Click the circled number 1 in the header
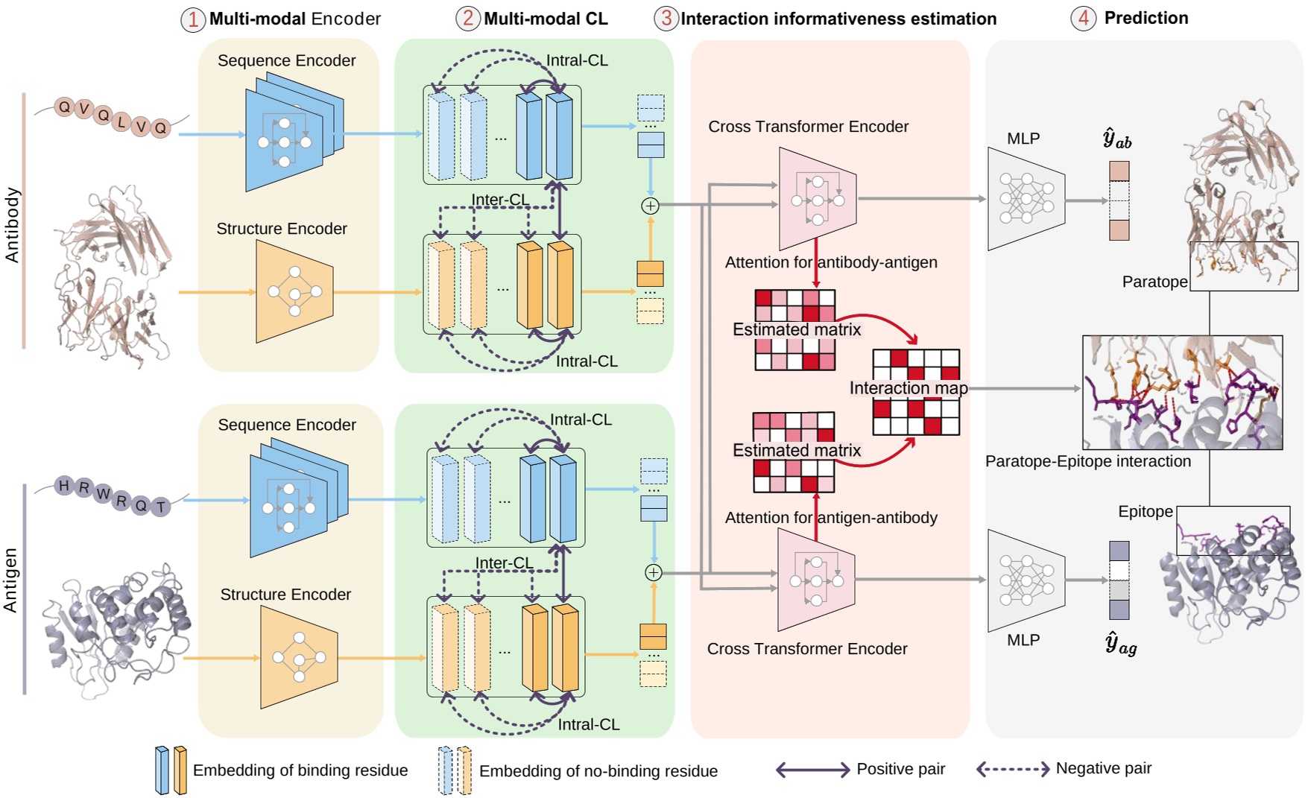pos(192,19)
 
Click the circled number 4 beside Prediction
pos(1083,18)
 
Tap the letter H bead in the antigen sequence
pos(64,486)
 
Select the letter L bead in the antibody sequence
pos(122,121)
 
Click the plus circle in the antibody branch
pos(650,206)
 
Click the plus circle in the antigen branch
pos(653,572)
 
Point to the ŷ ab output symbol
pos(1116,139)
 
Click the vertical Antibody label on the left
pos(13,224)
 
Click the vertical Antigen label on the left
pos(10,580)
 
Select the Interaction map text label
pos(908,388)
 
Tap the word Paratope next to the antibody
pos(1154,282)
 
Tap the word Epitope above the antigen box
pos(1145,511)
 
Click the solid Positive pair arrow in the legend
pos(812,770)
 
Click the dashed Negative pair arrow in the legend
pos(1013,769)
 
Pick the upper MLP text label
pos(1023,139)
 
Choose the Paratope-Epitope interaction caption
pos(1087,461)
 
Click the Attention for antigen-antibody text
pos(830,517)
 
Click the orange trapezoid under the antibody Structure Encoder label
pos(294,291)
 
